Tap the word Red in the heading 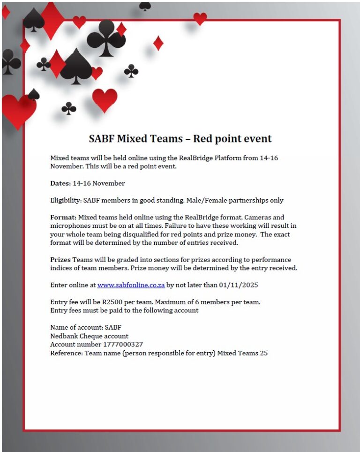(x=204, y=139)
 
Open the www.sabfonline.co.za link (x=131, y=285)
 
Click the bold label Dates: (x=60, y=183)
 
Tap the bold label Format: (x=63, y=217)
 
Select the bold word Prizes (x=60, y=259)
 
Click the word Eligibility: (x=66, y=200)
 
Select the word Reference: (x=66, y=353)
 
